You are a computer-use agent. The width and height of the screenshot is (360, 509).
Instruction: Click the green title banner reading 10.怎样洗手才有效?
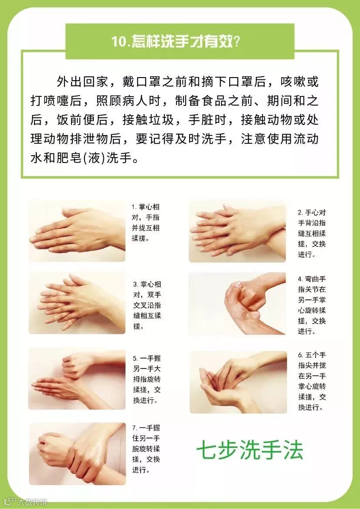pyautogui.click(x=180, y=41)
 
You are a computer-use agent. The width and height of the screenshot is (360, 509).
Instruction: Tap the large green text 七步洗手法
pyautogui.click(x=250, y=450)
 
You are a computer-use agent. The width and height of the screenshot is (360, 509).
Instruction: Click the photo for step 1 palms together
pyautogui.click(x=77, y=231)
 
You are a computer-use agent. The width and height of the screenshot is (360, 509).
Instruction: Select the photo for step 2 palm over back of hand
pyautogui.click(x=237, y=231)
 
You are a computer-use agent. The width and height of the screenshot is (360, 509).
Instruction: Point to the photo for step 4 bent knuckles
pyautogui.click(x=237, y=303)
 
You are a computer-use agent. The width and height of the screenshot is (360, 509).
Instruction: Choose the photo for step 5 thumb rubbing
pyautogui.click(x=77, y=379)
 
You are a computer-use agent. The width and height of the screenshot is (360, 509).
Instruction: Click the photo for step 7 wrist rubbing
pyautogui.click(x=77, y=454)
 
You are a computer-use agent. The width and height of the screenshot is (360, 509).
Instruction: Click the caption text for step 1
pyautogui.click(x=146, y=223)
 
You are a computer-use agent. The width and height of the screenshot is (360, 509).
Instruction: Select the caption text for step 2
pyautogui.click(x=312, y=234)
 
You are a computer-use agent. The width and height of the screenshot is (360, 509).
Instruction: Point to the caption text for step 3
pyautogui.click(x=147, y=305)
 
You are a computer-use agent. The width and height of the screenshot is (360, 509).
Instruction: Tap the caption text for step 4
pyautogui.click(x=312, y=305)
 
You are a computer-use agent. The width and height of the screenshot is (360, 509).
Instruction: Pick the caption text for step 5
pyautogui.click(x=147, y=379)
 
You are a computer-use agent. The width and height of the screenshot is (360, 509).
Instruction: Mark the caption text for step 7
pyautogui.click(x=146, y=448)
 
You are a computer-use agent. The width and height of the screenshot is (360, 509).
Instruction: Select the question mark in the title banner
pyautogui.click(x=237, y=41)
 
